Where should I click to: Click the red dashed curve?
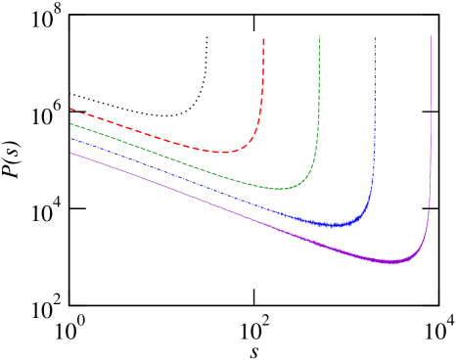click(x=147, y=132)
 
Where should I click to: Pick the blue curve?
click(x=196, y=185)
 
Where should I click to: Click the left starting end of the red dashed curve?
click(x=70, y=109)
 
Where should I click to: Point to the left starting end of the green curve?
click(x=70, y=123)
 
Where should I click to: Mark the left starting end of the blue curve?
click(x=70, y=138)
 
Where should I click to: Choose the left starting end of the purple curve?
click(x=70, y=153)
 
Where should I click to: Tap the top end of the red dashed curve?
click(x=264, y=37)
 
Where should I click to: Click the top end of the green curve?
click(x=319, y=36)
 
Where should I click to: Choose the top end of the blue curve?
click(x=375, y=37)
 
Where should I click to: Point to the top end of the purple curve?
click(x=431, y=36)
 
